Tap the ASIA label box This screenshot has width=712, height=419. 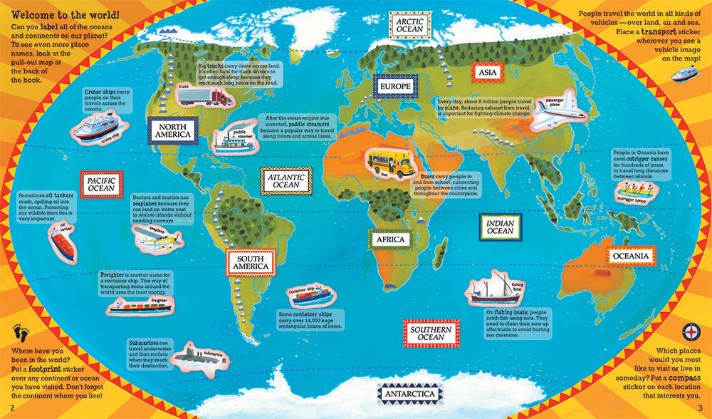[487, 73]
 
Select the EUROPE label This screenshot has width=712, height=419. [394, 88]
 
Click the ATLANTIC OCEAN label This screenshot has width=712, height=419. [285, 180]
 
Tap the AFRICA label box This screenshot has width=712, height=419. [392, 240]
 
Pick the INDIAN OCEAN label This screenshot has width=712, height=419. [500, 227]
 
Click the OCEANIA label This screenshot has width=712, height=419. [630, 256]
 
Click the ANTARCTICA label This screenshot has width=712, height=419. [411, 394]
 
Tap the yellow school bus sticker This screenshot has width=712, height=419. [391, 164]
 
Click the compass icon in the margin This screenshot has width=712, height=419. [693, 331]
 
